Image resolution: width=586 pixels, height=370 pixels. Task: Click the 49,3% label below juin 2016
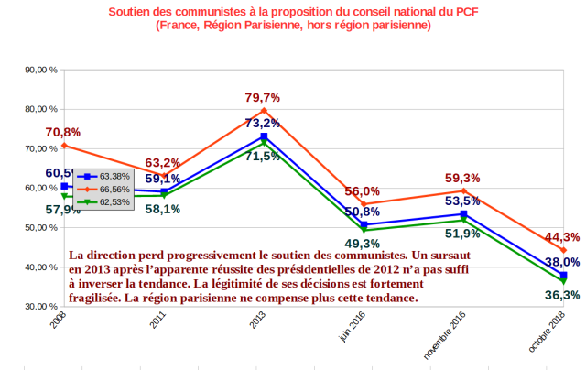pos(363,244)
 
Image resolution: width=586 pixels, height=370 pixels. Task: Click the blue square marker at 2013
pos(264,136)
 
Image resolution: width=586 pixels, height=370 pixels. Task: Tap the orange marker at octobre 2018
pos(563,250)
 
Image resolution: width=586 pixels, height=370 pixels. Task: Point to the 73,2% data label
pos(262,124)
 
